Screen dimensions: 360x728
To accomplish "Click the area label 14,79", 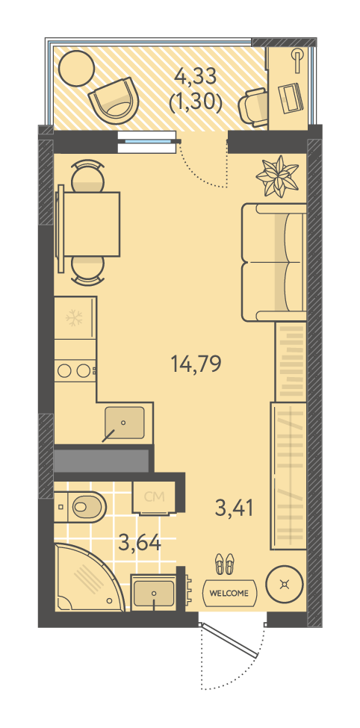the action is (195, 364).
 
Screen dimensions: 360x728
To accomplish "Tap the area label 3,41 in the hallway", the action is (235, 507).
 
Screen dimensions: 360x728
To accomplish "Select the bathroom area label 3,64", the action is (140, 542).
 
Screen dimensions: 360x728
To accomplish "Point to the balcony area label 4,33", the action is (195, 77).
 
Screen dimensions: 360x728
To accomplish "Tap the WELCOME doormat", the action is (229, 593).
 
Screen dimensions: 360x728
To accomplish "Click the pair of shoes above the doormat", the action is (226, 564).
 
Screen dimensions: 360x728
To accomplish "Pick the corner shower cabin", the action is (88, 577).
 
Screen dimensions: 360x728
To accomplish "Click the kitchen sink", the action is (124, 423).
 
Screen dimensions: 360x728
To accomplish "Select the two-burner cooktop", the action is (75, 370).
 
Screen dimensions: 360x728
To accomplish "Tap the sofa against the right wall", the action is (273, 262).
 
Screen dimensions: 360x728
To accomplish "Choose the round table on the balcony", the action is (75, 68).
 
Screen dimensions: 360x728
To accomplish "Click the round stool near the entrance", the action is (284, 584).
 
